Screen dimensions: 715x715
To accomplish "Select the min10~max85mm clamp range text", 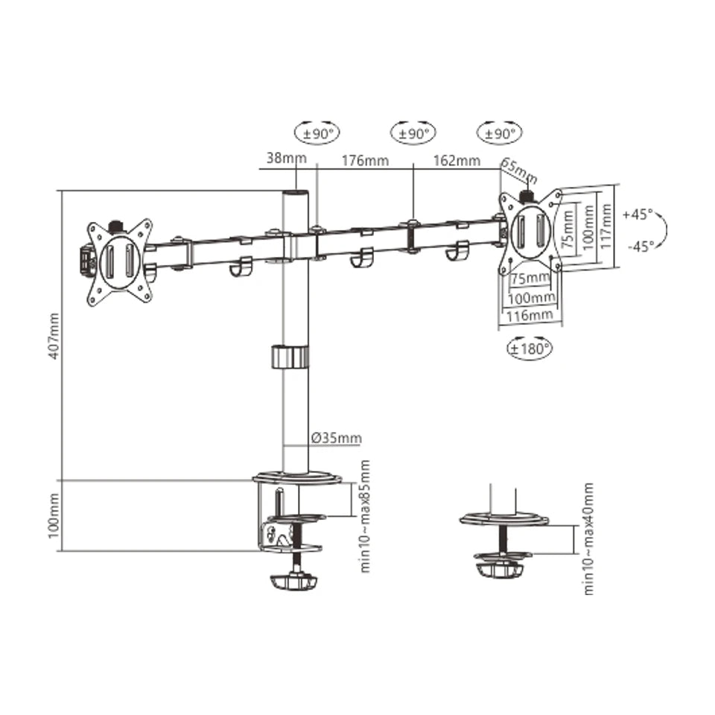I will (x=365, y=515).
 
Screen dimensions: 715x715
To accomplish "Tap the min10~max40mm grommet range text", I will (x=588, y=538).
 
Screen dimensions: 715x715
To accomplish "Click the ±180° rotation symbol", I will (x=530, y=347).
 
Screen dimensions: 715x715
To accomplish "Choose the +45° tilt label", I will (x=638, y=214).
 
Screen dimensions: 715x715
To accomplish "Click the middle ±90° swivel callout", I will (x=413, y=134).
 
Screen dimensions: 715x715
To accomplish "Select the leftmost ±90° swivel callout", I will (x=317, y=134).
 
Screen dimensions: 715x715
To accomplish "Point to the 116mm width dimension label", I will (x=530, y=316).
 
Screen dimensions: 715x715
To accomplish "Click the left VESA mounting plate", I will (x=119, y=261).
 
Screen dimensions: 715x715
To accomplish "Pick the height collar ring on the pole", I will (x=289, y=356).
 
